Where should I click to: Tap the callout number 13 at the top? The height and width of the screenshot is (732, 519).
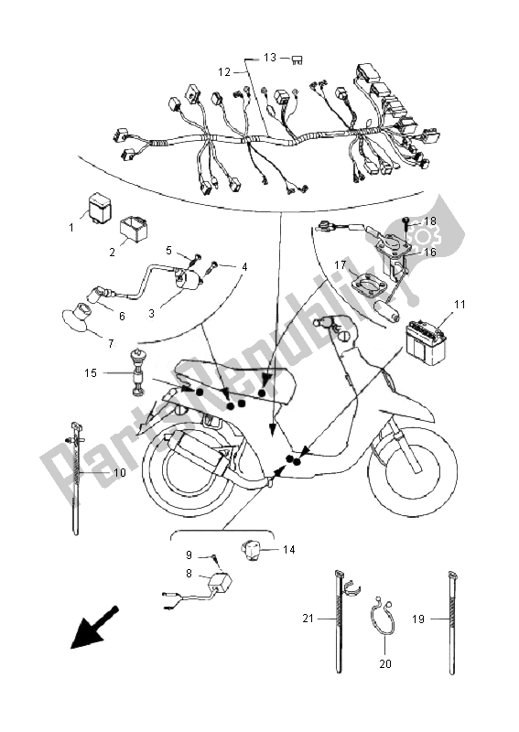tap(270, 57)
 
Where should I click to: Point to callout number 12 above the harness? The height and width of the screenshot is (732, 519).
tap(224, 70)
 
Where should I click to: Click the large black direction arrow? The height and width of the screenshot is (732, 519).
tap(94, 630)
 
